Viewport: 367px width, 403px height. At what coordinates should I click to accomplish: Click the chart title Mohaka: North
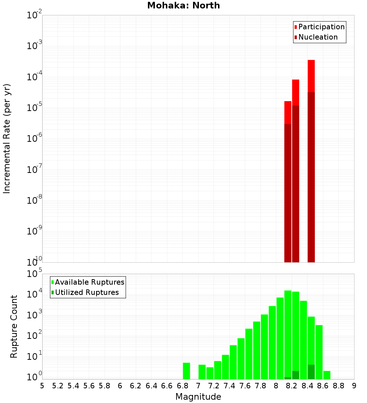click(183, 6)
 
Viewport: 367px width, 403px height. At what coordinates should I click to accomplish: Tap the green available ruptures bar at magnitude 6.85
click(186, 371)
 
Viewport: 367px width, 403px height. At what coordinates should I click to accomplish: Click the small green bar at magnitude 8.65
click(327, 375)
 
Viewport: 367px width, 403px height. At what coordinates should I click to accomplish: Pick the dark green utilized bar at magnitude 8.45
click(311, 372)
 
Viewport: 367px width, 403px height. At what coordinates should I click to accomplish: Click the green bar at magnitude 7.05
click(202, 372)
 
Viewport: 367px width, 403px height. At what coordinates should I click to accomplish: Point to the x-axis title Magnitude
click(198, 397)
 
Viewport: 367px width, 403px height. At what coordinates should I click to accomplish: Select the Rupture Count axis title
click(14, 326)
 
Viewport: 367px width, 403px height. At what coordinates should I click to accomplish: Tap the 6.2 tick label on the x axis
click(136, 386)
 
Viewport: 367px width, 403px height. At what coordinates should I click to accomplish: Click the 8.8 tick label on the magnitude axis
click(338, 386)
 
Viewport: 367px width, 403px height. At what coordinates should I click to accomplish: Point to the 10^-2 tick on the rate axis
click(34, 16)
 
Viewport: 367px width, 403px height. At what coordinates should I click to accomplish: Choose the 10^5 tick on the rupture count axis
click(34, 274)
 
